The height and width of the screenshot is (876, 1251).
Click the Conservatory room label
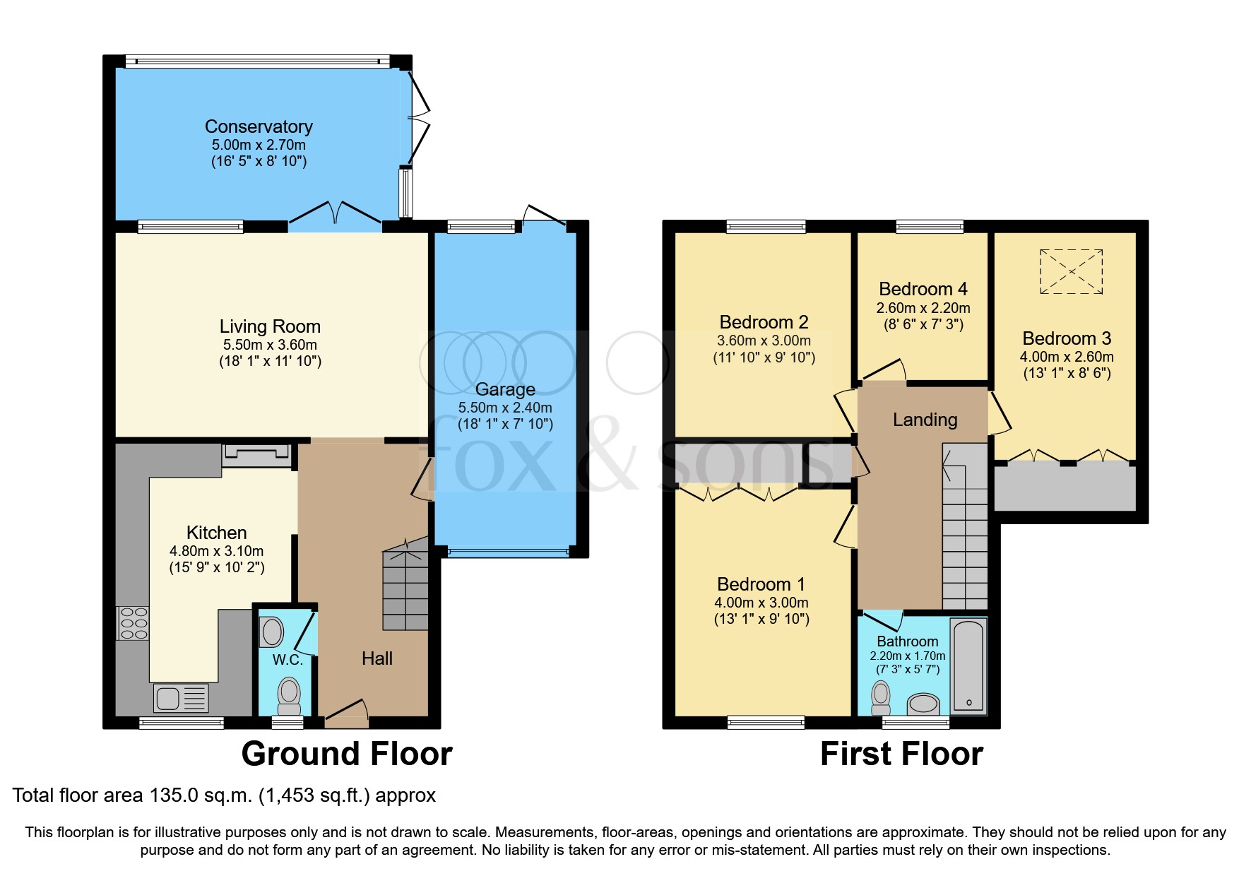(x=259, y=126)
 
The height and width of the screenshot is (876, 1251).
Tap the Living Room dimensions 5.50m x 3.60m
(x=270, y=345)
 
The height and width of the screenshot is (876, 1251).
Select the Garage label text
(x=505, y=389)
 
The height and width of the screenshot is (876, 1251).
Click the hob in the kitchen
(x=133, y=623)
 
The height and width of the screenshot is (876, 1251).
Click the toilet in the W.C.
(x=289, y=696)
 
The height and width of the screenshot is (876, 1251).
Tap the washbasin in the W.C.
(x=272, y=631)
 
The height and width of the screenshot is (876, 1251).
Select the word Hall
(x=377, y=658)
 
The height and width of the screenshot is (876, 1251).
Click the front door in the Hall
(x=347, y=714)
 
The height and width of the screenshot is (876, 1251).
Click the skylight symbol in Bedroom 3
(x=1071, y=271)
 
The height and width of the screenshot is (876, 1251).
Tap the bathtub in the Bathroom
(x=968, y=665)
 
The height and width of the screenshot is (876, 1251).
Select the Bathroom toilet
(x=881, y=697)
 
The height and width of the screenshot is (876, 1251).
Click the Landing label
(x=925, y=420)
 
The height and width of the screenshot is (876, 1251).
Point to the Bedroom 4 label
(x=923, y=289)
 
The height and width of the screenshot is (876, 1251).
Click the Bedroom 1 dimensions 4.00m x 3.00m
(x=761, y=603)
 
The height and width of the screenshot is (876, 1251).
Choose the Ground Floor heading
(x=346, y=754)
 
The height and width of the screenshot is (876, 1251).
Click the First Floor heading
(x=901, y=754)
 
